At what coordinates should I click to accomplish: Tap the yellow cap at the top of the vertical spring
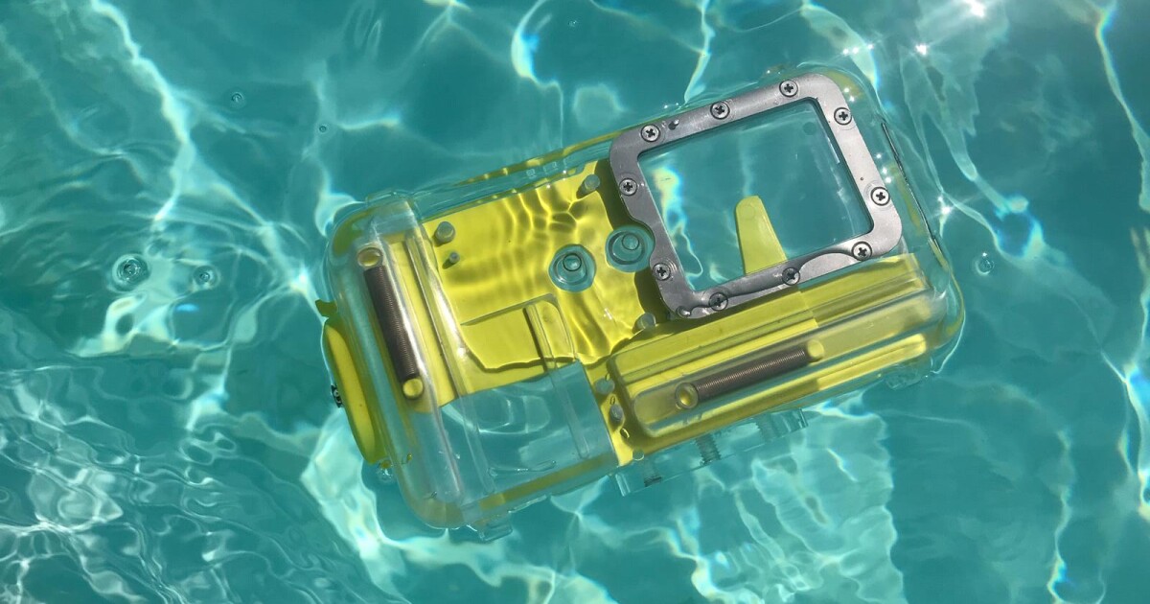[x=369, y=257]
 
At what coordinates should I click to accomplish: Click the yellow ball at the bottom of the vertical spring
[x=412, y=387]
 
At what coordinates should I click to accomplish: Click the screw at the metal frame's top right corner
[x=842, y=115]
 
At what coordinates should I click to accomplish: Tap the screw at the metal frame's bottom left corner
[x=661, y=271]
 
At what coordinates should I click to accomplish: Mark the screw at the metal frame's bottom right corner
[x=861, y=250]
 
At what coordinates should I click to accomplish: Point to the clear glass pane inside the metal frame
[x=757, y=182]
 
